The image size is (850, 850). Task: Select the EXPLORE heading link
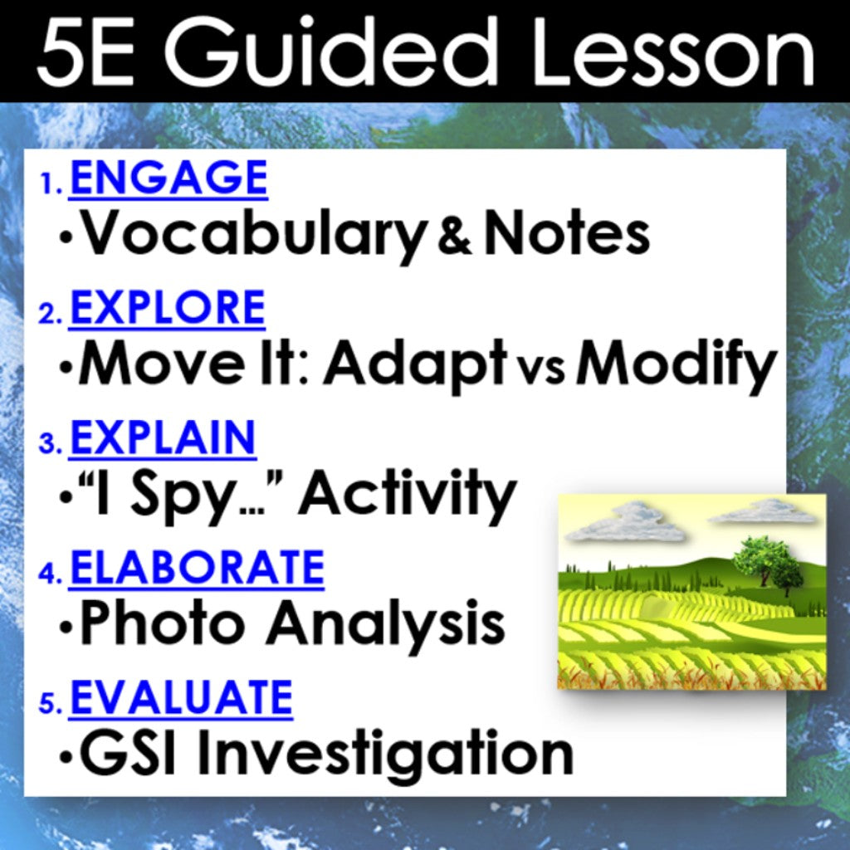(x=167, y=307)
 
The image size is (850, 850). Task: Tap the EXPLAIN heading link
(x=163, y=437)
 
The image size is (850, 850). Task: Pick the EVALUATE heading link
(x=181, y=697)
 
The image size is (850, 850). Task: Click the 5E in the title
(x=85, y=51)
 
